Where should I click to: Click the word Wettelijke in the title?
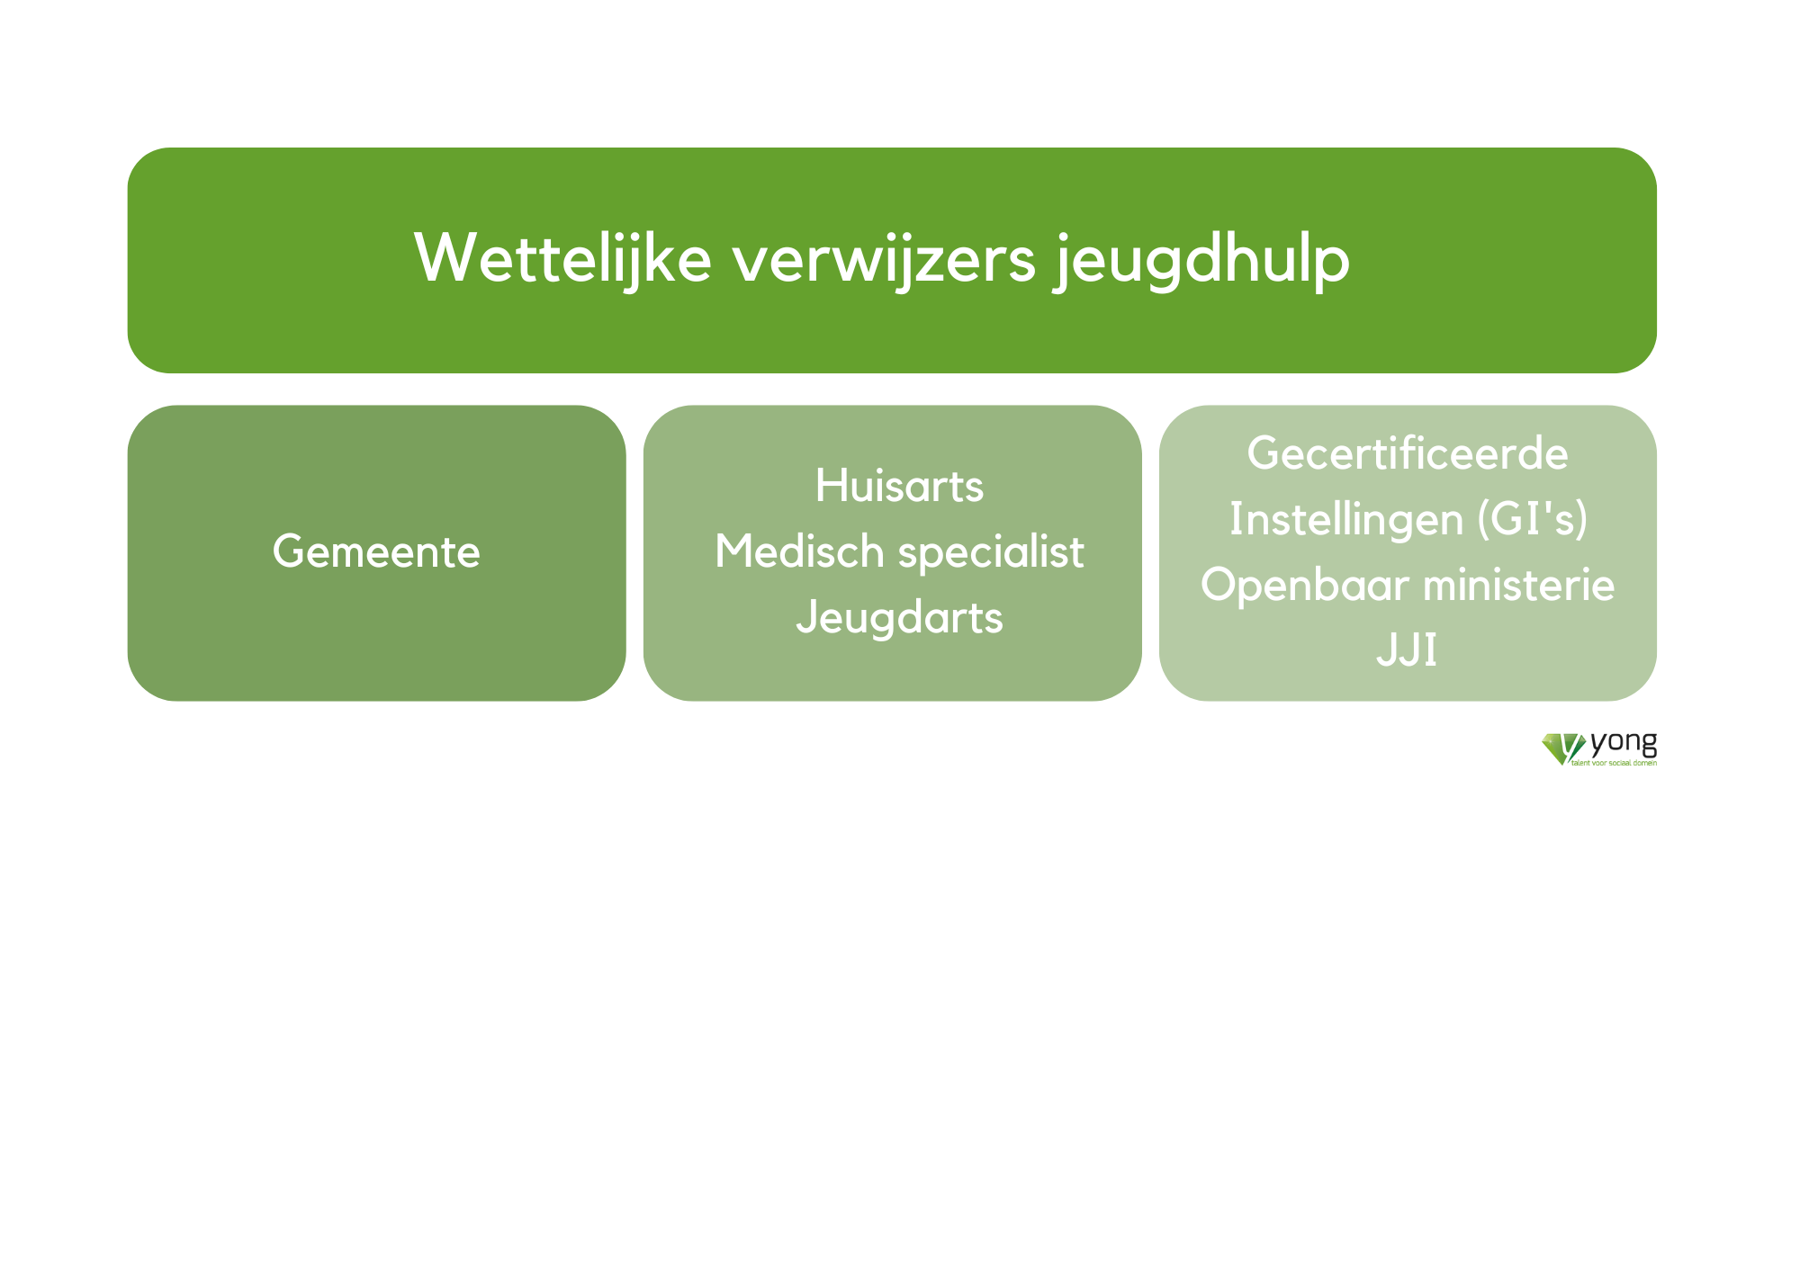tap(563, 259)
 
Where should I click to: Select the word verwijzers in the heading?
tap(885, 259)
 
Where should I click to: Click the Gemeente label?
tap(376, 551)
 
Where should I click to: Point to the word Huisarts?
tap(899, 486)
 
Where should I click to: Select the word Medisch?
tap(799, 551)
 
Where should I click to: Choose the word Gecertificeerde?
tap(1408, 452)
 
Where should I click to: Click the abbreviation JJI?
tap(1407, 650)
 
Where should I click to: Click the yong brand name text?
tap(1624, 744)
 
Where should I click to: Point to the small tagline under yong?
tap(1614, 763)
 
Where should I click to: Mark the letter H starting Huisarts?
tap(831, 486)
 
